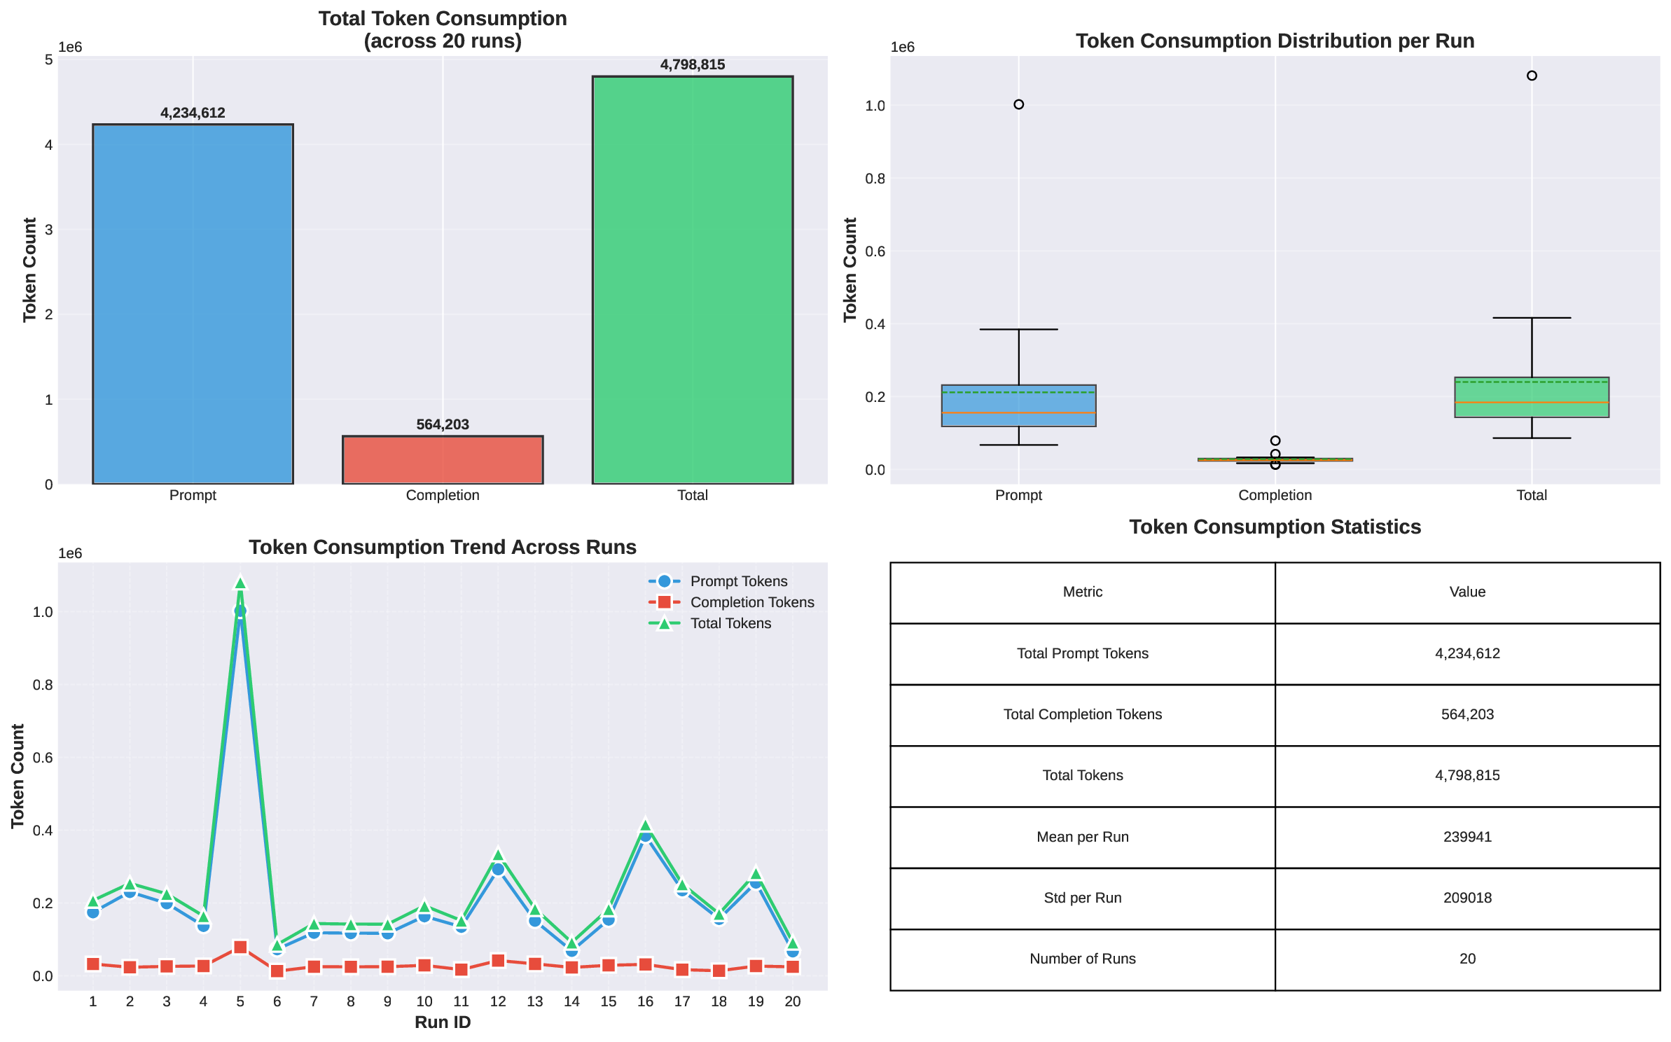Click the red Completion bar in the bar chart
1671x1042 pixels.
(x=443, y=460)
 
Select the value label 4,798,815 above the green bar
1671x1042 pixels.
(x=692, y=65)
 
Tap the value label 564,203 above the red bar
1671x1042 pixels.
(x=443, y=424)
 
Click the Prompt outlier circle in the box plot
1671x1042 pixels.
(x=1018, y=104)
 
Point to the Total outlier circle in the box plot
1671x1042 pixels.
(x=1532, y=76)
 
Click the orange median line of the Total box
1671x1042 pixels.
(x=1532, y=403)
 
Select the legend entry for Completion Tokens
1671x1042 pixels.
(x=751, y=602)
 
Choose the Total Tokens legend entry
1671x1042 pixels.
(x=730, y=623)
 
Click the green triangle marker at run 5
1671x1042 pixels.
(x=240, y=583)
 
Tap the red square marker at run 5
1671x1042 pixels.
(x=240, y=947)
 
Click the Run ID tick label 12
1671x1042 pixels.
(x=498, y=1001)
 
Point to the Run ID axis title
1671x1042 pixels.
(x=443, y=1022)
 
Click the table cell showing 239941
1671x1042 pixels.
(x=1467, y=837)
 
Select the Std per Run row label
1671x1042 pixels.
(x=1082, y=898)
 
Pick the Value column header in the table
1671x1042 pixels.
(x=1467, y=592)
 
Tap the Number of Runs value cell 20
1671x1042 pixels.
(x=1467, y=959)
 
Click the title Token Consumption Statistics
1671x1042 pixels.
(x=1275, y=527)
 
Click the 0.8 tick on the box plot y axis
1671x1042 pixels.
(x=875, y=179)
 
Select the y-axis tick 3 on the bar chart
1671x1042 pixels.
(x=49, y=230)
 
